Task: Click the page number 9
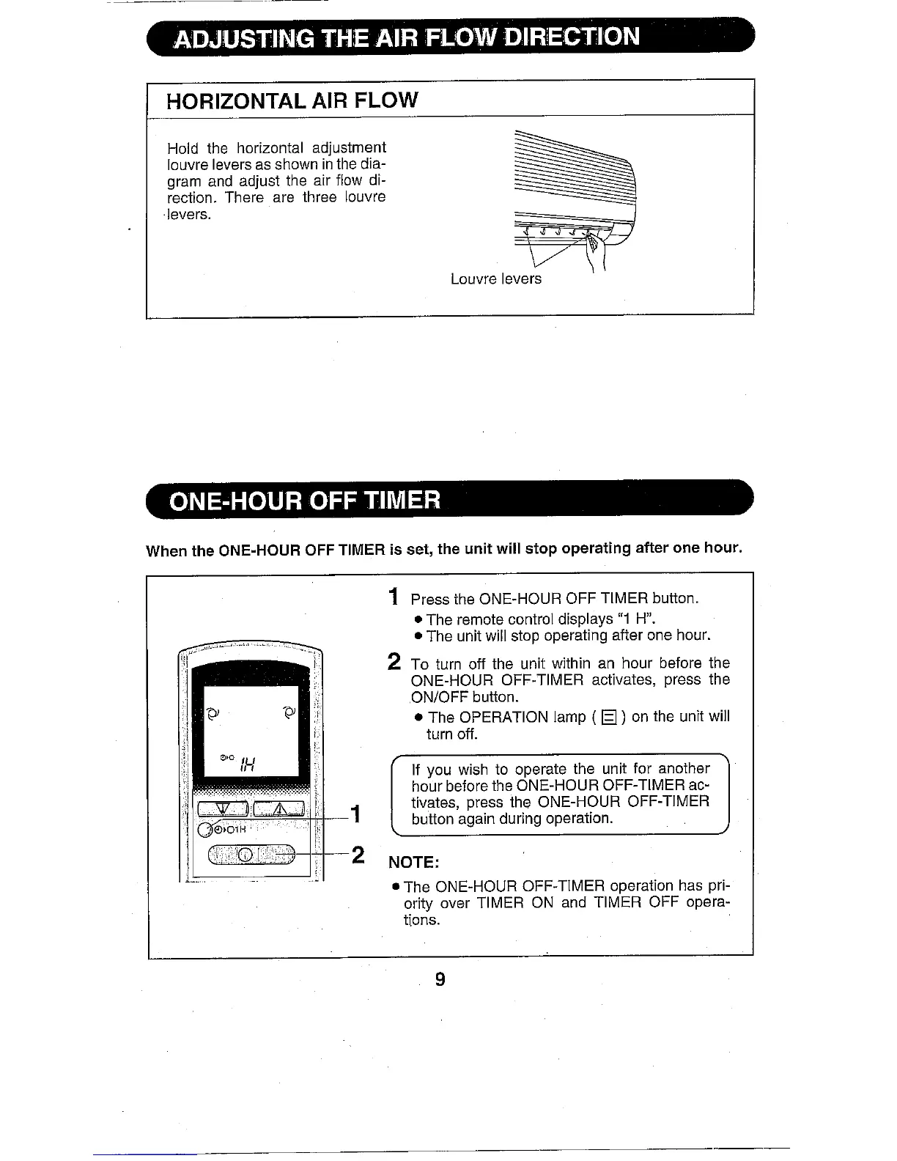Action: tap(440, 979)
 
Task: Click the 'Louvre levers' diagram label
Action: tap(496, 279)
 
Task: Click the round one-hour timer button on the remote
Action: tap(205, 830)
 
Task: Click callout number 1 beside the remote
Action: tap(356, 814)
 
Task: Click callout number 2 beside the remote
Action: tap(358, 855)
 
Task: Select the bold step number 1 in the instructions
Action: tap(394, 597)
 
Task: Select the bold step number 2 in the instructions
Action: tap(394, 662)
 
